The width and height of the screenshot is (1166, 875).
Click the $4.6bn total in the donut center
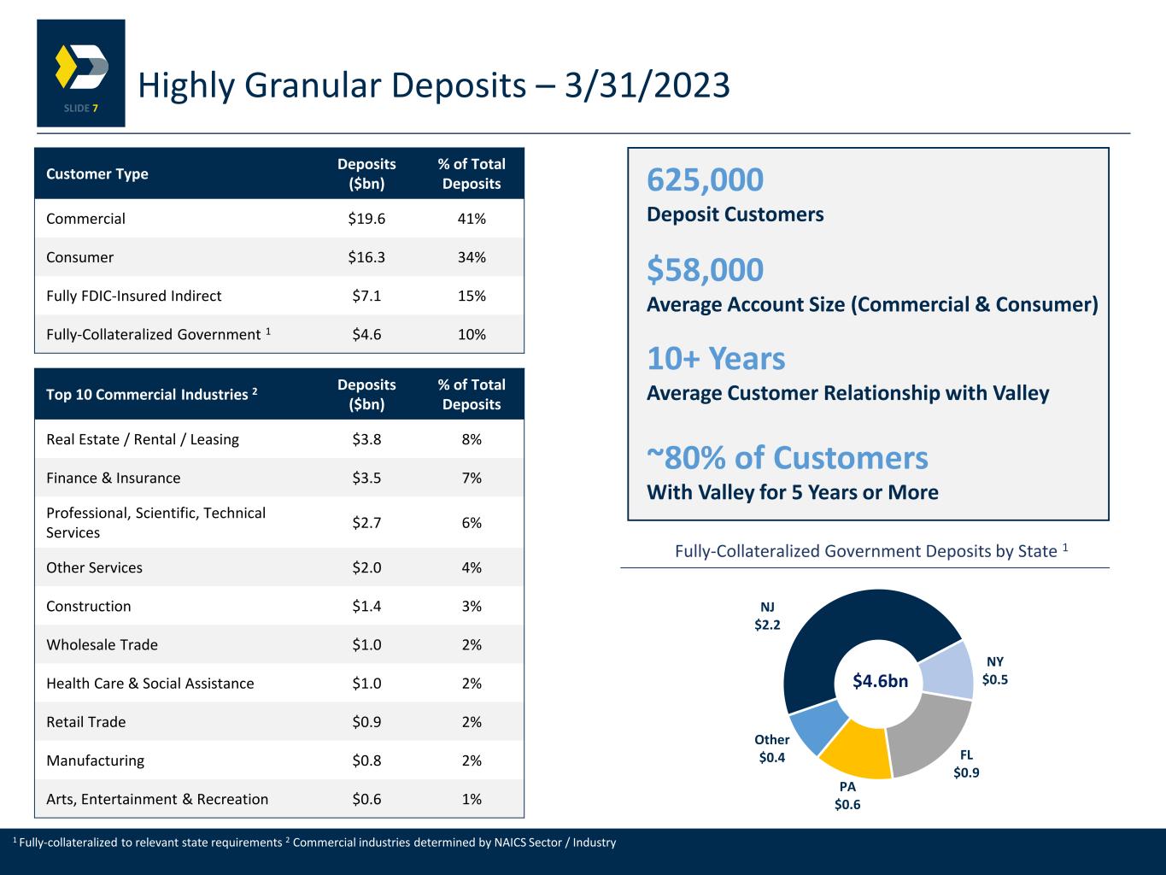[x=880, y=681]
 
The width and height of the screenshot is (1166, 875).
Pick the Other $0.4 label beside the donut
[x=771, y=749]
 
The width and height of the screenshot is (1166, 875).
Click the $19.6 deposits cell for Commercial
[x=366, y=219]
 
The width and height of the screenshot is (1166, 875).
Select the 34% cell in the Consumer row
[x=472, y=257]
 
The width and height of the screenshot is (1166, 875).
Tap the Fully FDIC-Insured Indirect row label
[x=133, y=296]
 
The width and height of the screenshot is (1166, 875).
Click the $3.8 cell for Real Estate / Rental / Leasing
[x=366, y=439]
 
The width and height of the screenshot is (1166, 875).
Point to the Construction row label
[x=89, y=606]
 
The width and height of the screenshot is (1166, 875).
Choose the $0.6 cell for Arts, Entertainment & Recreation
[x=366, y=799]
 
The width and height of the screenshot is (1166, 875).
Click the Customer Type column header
[x=97, y=173]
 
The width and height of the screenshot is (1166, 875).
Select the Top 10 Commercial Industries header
[x=152, y=394]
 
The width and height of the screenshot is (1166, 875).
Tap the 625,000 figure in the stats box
[x=705, y=180]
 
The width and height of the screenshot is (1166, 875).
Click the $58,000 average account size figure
[x=705, y=270]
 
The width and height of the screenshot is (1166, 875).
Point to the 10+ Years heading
[x=716, y=359]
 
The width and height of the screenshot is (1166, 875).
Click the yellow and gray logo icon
[x=81, y=67]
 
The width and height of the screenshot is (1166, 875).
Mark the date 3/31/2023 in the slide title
[x=647, y=85]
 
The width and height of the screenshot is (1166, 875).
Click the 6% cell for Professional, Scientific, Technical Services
[x=472, y=522]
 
